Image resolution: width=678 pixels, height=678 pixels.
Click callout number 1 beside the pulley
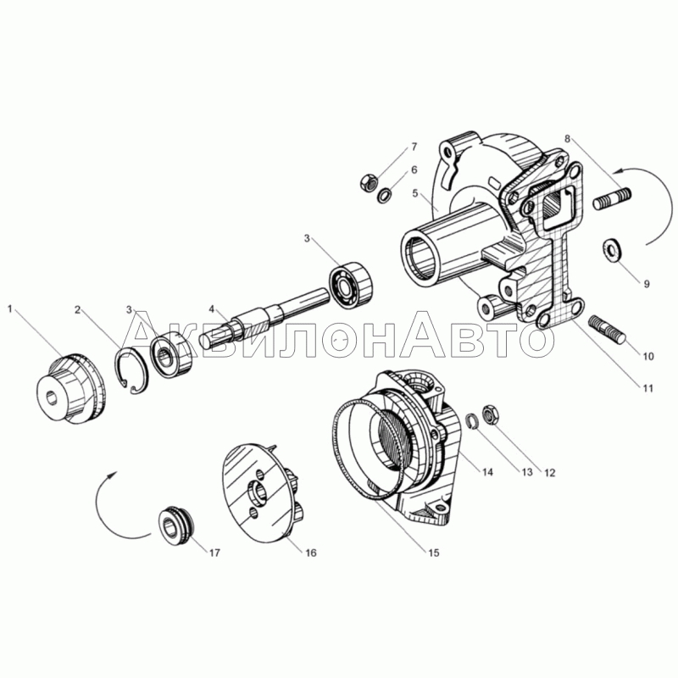[11, 308]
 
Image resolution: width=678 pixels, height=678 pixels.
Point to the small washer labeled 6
[385, 196]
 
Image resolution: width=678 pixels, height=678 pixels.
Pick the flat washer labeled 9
[610, 250]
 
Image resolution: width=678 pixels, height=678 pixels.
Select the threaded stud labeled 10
[607, 329]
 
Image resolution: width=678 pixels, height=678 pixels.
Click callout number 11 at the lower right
[647, 388]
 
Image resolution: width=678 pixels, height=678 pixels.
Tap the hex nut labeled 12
[491, 414]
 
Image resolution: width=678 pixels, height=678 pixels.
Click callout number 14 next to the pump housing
[486, 472]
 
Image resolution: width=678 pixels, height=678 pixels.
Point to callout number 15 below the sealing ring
[433, 553]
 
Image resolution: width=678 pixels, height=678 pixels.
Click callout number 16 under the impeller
[311, 553]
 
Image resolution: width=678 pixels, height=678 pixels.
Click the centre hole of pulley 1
[53, 397]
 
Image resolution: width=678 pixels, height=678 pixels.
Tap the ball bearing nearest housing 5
[352, 286]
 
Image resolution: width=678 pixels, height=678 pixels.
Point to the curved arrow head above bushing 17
[114, 475]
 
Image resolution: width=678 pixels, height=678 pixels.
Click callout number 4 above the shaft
[211, 308]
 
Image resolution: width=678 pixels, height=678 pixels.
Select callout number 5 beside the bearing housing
[415, 193]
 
